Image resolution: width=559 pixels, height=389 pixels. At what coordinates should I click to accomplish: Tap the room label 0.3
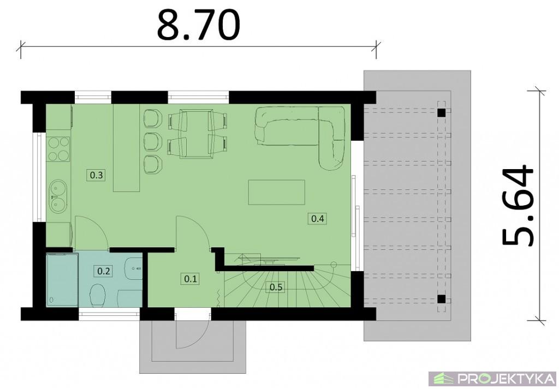[96, 175]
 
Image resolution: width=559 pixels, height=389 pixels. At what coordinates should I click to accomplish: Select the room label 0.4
[318, 218]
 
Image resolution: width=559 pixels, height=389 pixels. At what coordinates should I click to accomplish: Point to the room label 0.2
[103, 271]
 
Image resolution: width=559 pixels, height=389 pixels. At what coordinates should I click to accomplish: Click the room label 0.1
[191, 279]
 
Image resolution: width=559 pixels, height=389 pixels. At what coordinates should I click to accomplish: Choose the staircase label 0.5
[276, 287]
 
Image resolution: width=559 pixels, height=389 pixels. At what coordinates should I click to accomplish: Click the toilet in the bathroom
[98, 295]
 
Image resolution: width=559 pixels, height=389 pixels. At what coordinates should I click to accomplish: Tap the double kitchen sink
[58, 196]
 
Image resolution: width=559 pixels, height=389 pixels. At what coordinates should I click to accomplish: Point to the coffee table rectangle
[277, 193]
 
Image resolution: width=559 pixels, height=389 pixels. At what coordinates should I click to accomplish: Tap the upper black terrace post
[441, 113]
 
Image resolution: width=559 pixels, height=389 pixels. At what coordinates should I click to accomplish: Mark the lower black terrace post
[441, 299]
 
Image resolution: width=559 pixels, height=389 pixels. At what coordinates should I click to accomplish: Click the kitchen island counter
[126, 148]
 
